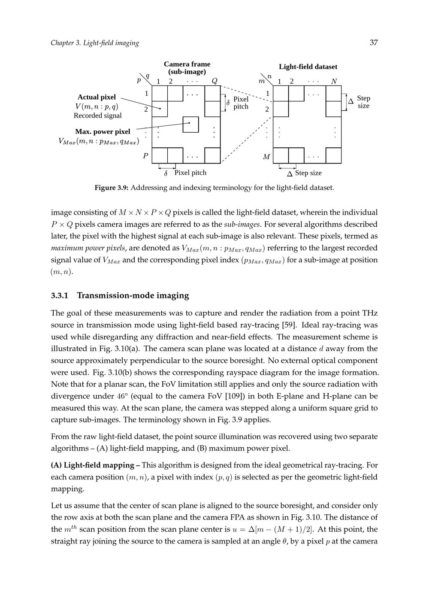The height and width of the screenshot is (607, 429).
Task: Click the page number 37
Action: (374, 42)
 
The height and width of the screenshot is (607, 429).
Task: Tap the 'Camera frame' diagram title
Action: (187, 64)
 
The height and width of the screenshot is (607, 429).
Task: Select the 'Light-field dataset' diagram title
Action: (308, 67)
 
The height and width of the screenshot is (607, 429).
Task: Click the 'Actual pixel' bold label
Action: (97, 97)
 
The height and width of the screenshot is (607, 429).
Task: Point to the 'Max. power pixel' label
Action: (103, 131)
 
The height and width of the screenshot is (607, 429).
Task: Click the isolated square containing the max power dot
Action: (190, 124)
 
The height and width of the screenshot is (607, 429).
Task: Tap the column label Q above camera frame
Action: (214, 81)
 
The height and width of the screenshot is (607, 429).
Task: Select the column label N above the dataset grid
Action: (334, 81)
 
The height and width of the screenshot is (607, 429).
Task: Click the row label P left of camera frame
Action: (145, 156)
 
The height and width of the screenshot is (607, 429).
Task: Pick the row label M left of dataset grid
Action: (266, 157)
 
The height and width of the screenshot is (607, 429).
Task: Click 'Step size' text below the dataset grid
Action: (308, 173)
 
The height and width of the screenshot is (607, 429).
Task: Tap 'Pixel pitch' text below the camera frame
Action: (190, 173)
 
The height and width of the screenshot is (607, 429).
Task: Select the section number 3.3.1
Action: (60, 295)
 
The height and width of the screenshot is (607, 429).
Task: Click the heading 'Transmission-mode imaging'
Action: (133, 295)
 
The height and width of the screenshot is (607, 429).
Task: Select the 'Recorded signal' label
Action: (97, 115)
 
